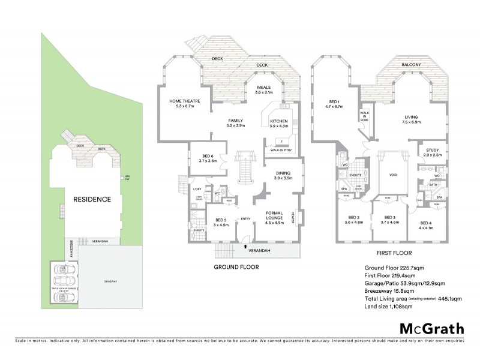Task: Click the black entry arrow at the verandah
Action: point(245,245)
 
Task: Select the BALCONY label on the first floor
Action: point(411,64)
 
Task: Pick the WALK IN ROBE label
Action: point(364,116)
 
